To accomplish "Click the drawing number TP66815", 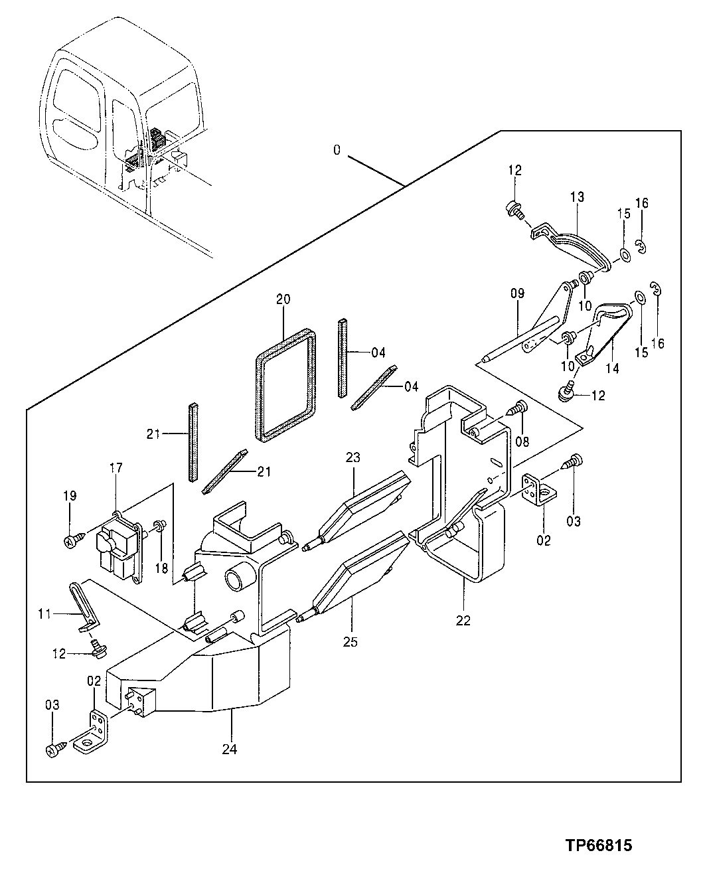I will click(598, 845).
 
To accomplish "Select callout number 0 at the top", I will click(337, 151).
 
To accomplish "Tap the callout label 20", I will click(283, 299).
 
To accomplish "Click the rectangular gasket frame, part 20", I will click(285, 386).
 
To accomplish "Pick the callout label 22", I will click(463, 621).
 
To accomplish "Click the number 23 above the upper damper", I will click(352, 457).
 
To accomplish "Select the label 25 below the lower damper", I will click(351, 642).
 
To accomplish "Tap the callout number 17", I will click(116, 468).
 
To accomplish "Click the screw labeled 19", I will click(70, 542).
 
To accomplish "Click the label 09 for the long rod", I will click(517, 292).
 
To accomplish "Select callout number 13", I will click(577, 197).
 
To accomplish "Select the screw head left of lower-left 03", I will click(53, 750).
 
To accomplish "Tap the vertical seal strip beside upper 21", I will click(193, 442).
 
